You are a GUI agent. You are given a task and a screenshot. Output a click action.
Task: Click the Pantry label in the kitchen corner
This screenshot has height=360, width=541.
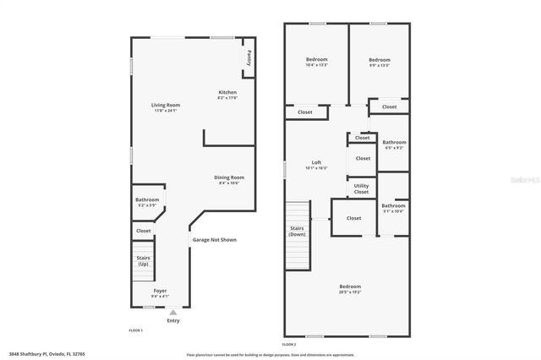(249, 57)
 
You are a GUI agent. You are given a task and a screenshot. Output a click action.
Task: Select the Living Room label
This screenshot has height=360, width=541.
(166, 106)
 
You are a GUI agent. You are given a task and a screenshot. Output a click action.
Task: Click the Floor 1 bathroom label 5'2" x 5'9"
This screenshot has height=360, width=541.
(147, 202)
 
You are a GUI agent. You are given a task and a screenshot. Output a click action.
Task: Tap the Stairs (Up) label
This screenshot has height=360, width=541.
(142, 261)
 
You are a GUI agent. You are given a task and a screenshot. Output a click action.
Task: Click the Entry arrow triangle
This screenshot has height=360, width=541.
(173, 312)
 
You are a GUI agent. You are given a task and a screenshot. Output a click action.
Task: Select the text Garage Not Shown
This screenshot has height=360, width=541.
(214, 240)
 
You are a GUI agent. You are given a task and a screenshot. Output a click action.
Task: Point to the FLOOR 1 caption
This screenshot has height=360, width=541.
(135, 330)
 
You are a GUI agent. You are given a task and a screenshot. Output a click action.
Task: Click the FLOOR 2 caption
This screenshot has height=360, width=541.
(290, 345)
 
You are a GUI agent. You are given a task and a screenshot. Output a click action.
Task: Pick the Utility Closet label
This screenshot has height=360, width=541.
(361, 188)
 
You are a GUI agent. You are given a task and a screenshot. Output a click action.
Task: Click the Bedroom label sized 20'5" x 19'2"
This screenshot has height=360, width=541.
(350, 288)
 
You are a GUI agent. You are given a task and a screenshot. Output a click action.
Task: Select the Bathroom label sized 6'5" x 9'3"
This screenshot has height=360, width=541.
(394, 145)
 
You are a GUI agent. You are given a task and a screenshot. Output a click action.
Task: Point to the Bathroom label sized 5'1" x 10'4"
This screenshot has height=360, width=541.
(393, 208)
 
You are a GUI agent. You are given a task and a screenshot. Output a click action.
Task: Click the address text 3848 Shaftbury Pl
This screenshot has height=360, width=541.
(46, 354)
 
